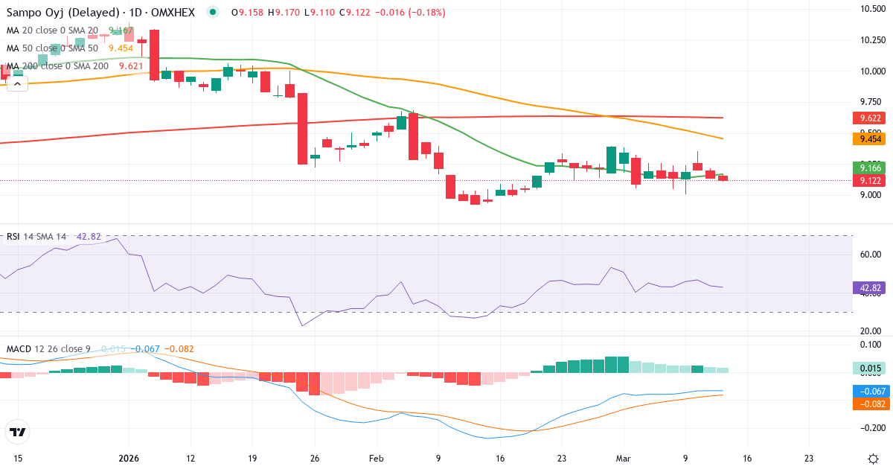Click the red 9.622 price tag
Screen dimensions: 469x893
(x=866, y=118)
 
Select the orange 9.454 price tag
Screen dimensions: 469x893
(x=866, y=138)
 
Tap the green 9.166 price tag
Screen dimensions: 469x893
(x=866, y=169)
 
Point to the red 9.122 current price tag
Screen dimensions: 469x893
(x=866, y=180)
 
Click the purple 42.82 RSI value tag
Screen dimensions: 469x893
(x=866, y=287)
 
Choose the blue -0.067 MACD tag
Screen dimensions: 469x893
(x=866, y=391)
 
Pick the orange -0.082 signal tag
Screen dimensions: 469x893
(x=866, y=403)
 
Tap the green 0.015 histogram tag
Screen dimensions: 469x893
(x=866, y=368)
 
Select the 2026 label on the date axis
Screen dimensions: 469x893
(x=128, y=459)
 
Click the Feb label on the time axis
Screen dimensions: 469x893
(x=377, y=459)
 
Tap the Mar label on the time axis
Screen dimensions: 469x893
(x=624, y=459)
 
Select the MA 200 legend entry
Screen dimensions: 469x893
(x=58, y=66)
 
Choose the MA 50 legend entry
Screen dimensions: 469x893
(x=52, y=48)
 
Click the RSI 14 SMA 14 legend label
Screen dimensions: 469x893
(x=36, y=237)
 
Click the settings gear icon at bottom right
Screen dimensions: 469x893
(x=874, y=459)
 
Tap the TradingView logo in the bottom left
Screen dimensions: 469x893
(x=17, y=432)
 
